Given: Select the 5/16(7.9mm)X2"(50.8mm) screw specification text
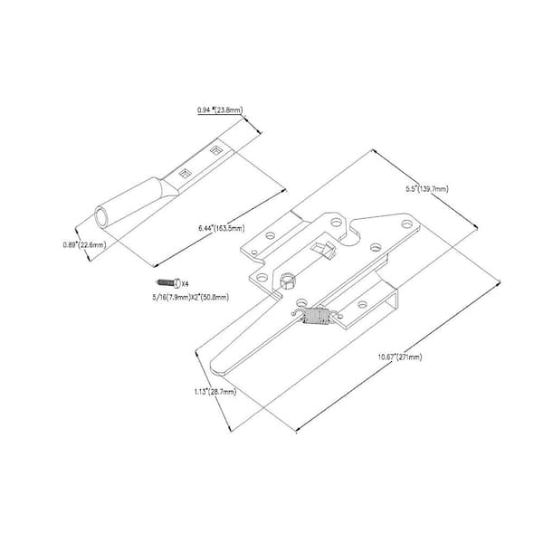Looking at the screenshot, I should (190, 297).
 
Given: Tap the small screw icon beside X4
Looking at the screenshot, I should (172, 283).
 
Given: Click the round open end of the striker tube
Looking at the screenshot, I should (102, 218).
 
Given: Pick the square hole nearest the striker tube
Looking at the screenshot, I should (184, 170).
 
